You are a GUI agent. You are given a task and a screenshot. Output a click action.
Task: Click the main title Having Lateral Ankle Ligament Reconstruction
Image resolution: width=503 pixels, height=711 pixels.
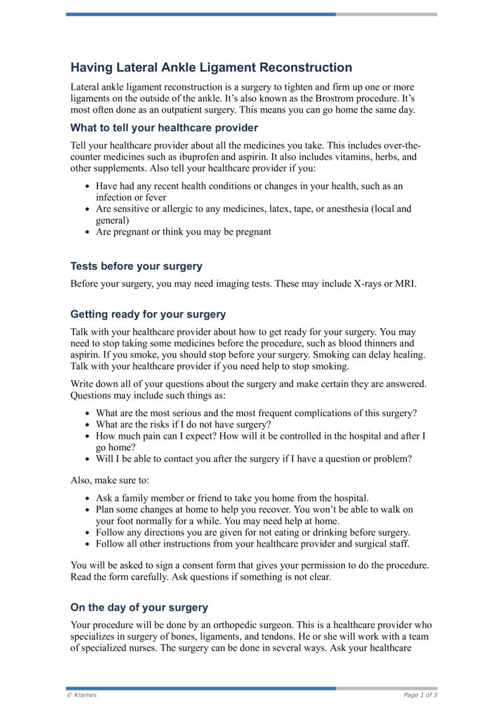[x=211, y=67]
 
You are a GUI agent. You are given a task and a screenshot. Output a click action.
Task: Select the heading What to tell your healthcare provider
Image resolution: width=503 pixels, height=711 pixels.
[x=155, y=128]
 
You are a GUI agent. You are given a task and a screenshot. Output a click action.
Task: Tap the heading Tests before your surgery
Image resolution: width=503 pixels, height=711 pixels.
[x=136, y=266]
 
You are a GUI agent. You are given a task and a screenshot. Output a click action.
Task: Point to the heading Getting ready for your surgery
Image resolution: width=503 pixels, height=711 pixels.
[x=148, y=314]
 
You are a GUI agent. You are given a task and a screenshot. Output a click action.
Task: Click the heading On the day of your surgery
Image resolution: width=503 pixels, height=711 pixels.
[x=139, y=607]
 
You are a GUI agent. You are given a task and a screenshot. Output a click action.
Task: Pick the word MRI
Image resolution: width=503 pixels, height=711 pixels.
[x=406, y=284]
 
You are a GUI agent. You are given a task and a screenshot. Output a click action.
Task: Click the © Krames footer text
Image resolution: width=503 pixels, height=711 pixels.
[x=82, y=695]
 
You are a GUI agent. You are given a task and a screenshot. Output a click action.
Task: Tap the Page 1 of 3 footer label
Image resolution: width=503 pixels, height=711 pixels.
[x=420, y=695]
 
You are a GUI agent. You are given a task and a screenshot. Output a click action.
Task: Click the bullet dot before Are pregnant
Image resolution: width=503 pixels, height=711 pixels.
[x=87, y=232]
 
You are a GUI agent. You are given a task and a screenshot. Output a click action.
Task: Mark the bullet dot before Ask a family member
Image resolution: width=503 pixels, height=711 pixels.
[x=87, y=499]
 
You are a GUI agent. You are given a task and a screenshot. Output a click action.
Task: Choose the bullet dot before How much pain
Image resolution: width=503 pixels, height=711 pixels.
[x=87, y=436]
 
